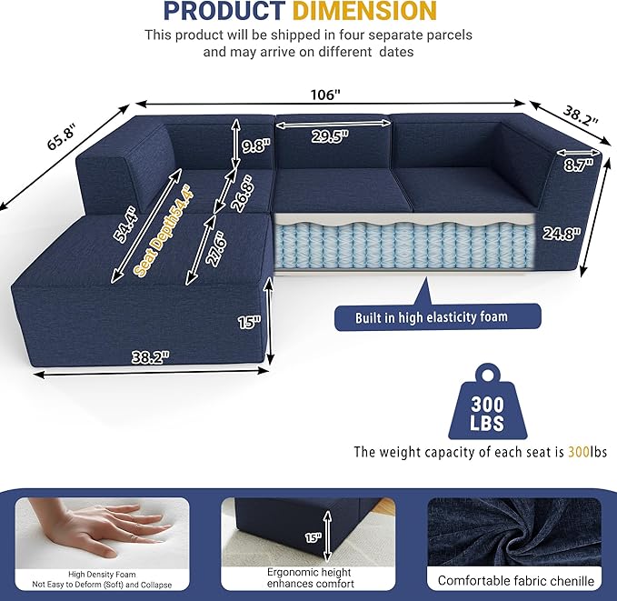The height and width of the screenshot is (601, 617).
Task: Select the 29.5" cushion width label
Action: (331, 135)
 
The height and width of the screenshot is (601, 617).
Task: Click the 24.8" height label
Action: (561, 233)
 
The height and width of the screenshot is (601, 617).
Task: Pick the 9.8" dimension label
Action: (254, 145)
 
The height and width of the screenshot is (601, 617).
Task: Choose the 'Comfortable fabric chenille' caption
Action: (515, 579)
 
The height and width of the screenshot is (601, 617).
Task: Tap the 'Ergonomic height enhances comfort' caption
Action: (310, 577)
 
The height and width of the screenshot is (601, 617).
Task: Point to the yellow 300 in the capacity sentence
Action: (577, 451)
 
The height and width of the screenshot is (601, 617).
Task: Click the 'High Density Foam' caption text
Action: (102, 573)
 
